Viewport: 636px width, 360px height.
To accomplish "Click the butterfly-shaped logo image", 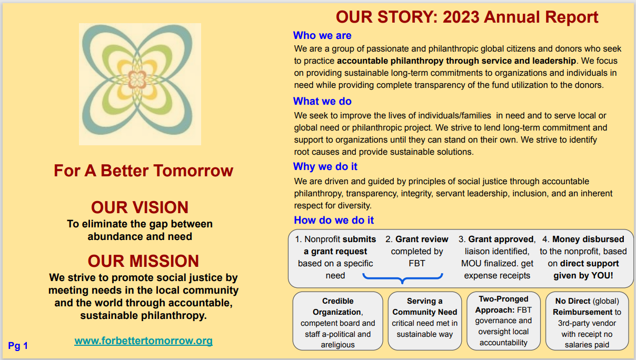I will [x=140, y=84].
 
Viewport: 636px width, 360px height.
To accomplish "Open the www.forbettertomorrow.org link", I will [x=143, y=341].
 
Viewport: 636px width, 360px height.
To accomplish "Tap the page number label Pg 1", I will [x=18, y=346].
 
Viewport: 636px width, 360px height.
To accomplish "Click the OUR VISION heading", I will [x=140, y=207].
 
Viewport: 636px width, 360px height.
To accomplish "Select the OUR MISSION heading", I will [x=143, y=261].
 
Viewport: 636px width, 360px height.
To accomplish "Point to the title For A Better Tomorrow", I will [x=143, y=171].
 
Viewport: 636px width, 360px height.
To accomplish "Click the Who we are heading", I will [x=322, y=36].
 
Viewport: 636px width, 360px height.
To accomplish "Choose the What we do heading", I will [x=322, y=101].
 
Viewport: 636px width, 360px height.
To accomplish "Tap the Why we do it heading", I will [x=325, y=166].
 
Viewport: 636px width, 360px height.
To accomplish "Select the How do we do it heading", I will [x=334, y=220].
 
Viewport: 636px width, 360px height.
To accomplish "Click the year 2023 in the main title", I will [x=461, y=17].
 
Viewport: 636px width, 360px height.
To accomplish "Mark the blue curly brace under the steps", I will [x=403, y=277].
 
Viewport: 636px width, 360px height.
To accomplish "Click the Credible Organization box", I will [x=337, y=321].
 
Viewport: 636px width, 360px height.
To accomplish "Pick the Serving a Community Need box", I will [x=424, y=321].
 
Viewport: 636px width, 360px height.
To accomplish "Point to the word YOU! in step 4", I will [x=606, y=275].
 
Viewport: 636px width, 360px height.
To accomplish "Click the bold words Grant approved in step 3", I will [x=501, y=239].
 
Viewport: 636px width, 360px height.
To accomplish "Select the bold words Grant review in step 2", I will [x=422, y=239].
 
